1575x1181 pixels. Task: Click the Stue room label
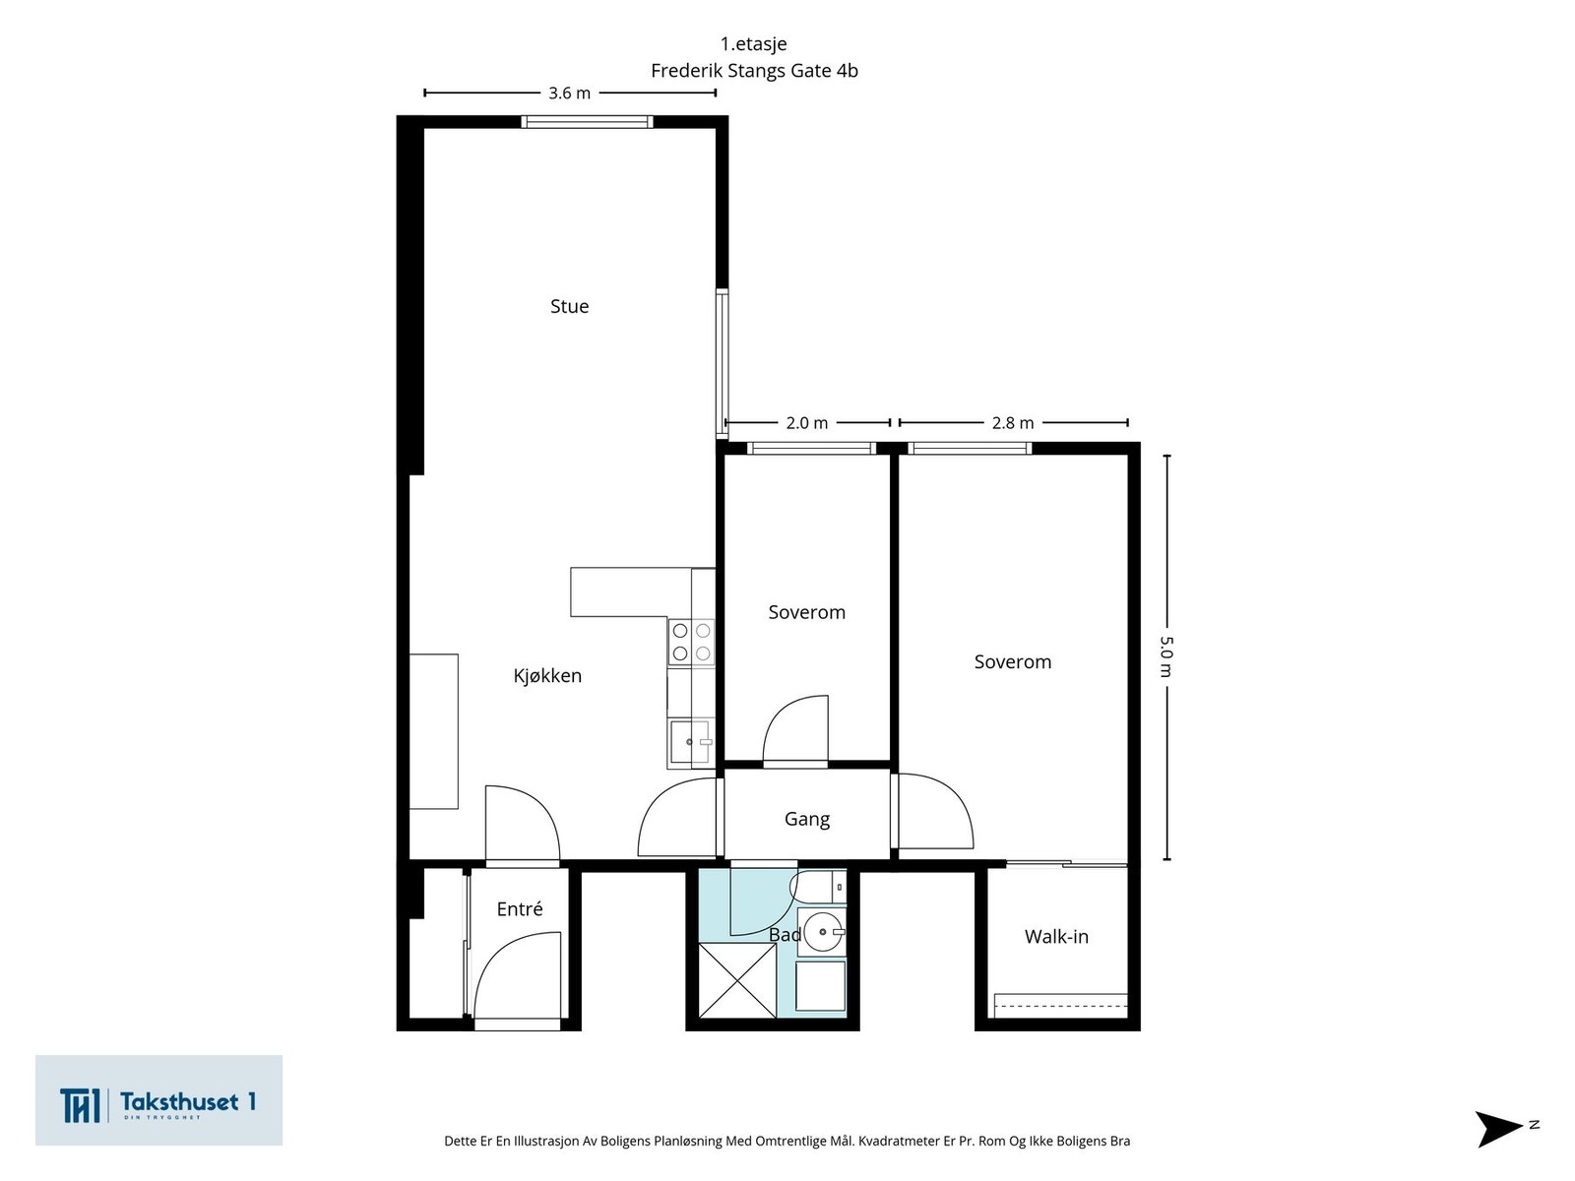click(569, 306)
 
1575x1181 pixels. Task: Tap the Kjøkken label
click(546, 675)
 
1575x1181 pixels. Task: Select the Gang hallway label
click(806, 819)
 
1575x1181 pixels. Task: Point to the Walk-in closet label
click(1056, 937)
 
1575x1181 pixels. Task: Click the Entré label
click(520, 908)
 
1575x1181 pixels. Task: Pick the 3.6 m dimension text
click(569, 93)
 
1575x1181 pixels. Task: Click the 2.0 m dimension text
click(806, 423)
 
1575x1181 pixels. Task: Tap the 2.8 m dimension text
click(1013, 423)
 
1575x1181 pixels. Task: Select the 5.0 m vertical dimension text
click(1166, 656)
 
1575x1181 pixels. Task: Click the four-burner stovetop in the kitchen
click(692, 642)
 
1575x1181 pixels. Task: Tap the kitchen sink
click(690, 742)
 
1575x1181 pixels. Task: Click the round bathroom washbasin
click(823, 932)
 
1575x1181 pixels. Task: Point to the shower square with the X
click(737, 980)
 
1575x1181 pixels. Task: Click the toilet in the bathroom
click(818, 887)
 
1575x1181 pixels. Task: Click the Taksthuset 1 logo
click(158, 1100)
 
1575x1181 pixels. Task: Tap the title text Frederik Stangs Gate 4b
click(754, 71)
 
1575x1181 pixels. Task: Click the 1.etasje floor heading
click(753, 43)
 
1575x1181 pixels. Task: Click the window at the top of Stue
click(587, 122)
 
